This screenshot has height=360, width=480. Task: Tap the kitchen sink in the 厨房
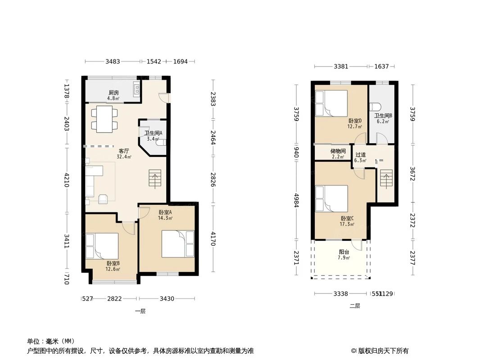136,90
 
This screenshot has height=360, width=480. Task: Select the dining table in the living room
104,119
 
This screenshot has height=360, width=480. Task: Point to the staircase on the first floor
154,179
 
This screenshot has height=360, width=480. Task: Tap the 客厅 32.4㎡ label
124,154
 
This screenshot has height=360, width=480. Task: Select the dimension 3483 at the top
113,62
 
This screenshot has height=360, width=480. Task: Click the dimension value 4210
67,180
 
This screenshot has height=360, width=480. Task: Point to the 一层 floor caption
140,311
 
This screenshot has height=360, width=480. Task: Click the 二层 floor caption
355,306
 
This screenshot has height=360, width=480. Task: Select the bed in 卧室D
331,103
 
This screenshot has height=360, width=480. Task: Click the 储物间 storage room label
338,153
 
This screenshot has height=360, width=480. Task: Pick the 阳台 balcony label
344,255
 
